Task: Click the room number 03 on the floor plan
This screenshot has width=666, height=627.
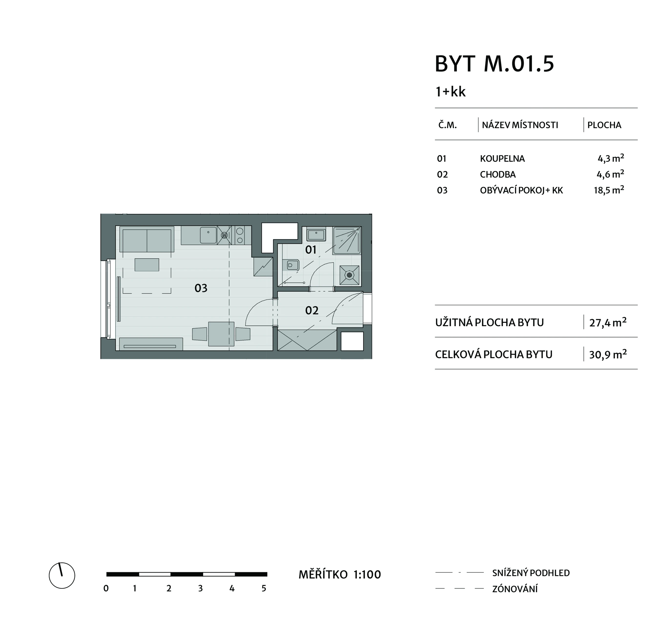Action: (x=201, y=288)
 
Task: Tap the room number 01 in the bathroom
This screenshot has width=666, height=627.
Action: (x=311, y=250)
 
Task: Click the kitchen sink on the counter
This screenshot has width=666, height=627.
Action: (x=208, y=235)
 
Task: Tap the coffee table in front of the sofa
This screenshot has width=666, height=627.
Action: (x=147, y=265)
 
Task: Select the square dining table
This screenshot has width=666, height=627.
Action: (x=221, y=334)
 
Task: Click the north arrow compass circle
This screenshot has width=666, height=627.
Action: (x=62, y=575)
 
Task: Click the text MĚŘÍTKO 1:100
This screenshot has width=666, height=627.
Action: (x=340, y=575)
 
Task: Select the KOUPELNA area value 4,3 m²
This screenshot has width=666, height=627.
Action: (x=611, y=158)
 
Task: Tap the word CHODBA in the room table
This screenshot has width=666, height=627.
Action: (x=498, y=175)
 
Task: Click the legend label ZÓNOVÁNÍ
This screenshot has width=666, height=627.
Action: (x=515, y=589)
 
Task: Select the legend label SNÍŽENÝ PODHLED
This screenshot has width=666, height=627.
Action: (x=531, y=573)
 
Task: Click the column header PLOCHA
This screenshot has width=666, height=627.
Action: (x=604, y=125)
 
